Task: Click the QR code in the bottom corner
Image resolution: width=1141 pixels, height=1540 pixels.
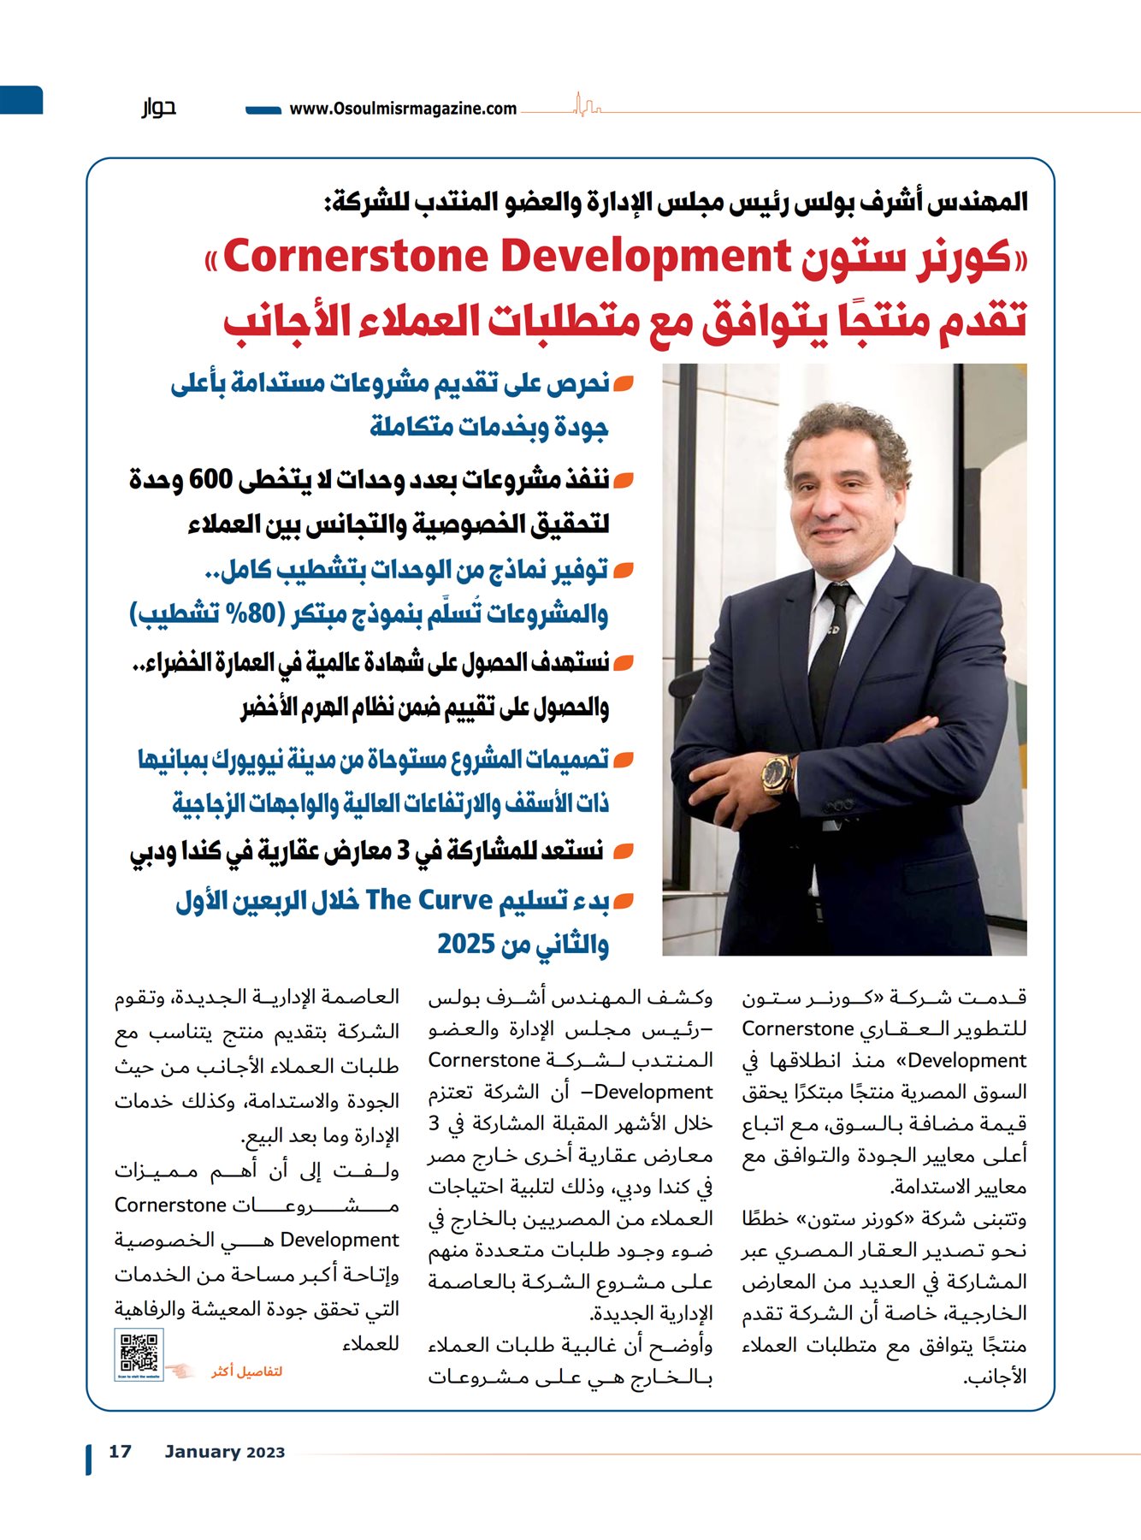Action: tap(139, 1355)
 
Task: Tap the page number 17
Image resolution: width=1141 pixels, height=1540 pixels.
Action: tap(120, 1451)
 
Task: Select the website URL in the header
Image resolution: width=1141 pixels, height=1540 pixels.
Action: tap(403, 109)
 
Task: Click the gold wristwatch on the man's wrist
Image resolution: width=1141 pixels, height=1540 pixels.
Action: tap(777, 773)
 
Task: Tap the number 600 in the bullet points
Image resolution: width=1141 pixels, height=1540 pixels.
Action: tap(210, 479)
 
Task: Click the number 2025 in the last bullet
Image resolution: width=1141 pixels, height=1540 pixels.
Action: tap(466, 944)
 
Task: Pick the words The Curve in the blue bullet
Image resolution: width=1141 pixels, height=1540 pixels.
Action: tap(429, 900)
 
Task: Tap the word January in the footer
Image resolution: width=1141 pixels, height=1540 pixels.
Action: tap(203, 1451)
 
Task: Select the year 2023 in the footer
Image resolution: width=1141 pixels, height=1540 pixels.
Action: tap(265, 1452)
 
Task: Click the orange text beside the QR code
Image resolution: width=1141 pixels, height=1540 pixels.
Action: tap(247, 1371)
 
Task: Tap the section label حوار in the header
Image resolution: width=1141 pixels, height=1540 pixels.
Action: tap(158, 108)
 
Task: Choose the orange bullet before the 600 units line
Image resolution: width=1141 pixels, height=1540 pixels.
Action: tap(624, 481)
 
